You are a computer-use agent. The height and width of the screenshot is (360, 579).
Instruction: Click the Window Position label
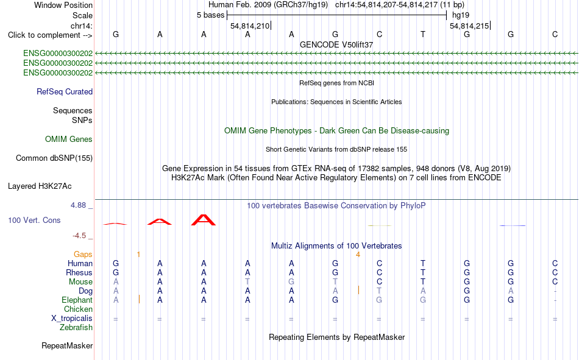[x=63, y=5]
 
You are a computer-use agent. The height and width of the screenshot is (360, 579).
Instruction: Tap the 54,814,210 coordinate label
[x=250, y=26]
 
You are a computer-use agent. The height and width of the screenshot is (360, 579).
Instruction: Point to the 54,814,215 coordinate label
[x=469, y=26]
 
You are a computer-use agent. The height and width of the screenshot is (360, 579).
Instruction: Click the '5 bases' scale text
[x=210, y=15]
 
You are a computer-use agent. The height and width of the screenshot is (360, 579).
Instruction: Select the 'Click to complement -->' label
[x=50, y=35]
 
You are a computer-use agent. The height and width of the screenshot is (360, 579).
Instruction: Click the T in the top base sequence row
[x=423, y=34]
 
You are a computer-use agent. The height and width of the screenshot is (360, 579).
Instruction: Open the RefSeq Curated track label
[x=65, y=91]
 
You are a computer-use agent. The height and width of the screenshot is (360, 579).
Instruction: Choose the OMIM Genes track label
[x=69, y=139]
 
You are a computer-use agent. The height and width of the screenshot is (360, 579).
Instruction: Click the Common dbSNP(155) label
[x=54, y=158]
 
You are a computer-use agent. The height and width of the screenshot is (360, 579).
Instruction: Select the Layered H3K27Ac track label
[x=40, y=186]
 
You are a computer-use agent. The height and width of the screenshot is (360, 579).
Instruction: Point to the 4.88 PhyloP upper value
[x=78, y=205]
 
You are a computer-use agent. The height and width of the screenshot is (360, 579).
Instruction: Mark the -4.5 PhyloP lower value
[x=79, y=236]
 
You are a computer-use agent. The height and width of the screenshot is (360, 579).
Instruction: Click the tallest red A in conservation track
[x=204, y=220]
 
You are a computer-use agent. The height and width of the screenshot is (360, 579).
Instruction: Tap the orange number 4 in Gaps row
[x=358, y=255]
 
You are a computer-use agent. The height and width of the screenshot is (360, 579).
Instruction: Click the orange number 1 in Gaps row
[x=138, y=255]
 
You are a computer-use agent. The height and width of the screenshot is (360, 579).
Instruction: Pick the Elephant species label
[x=77, y=300]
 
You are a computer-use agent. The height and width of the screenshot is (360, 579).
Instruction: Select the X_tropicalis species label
[x=72, y=319]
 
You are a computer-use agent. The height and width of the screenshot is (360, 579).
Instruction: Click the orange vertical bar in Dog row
[x=358, y=290]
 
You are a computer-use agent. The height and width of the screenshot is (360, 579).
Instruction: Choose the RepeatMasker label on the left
[x=67, y=345]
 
